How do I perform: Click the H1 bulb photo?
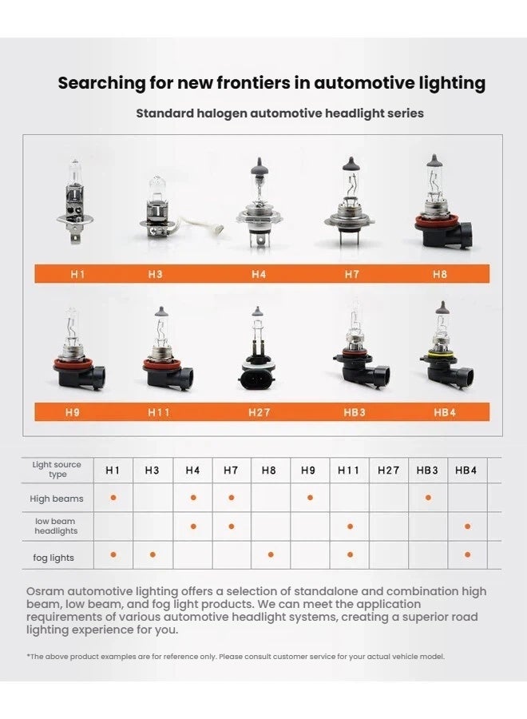point(74,200)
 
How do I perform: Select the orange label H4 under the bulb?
point(259,274)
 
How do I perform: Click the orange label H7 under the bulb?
point(352,274)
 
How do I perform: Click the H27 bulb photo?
point(256,348)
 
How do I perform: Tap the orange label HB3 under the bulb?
point(353,412)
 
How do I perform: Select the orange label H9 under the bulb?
point(73,412)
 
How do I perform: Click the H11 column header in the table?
point(348,471)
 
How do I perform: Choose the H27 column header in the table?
point(388,471)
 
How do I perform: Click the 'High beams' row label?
point(57,499)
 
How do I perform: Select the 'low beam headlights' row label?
point(56,526)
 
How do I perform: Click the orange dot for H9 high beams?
point(310,498)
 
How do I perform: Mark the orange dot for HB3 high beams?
point(428,498)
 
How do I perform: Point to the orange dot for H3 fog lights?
point(153,554)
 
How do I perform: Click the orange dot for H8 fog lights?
point(271,554)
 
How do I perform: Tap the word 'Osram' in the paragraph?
point(46,591)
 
